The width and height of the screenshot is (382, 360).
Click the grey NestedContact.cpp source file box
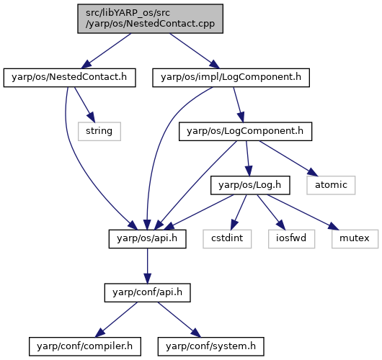tap(150, 19)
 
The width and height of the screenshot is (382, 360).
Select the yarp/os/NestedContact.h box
tap(69, 78)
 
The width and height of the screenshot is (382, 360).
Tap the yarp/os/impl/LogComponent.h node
tap(231, 78)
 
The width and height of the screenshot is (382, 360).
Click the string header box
tap(99, 131)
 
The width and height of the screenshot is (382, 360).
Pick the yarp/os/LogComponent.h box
tap(245, 131)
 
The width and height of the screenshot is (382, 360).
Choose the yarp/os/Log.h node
tap(250, 185)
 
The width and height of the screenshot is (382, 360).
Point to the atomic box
tap(331, 185)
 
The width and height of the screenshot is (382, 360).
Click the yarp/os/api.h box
tap(147, 239)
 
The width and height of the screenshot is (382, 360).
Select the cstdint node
tap(227, 239)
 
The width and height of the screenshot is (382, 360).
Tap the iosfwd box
tap(291, 239)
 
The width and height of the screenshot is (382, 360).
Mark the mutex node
tap(355, 239)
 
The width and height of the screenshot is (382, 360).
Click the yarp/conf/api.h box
tap(147, 292)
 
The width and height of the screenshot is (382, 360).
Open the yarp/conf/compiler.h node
tap(85, 346)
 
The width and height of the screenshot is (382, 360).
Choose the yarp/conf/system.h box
tap(210, 346)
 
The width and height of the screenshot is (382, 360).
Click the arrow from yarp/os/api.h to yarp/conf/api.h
tap(147, 266)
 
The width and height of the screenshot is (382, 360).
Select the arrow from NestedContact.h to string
tap(84, 104)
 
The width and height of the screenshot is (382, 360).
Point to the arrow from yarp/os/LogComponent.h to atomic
tap(289, 158)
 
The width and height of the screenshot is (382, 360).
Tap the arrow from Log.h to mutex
tap(303, 212)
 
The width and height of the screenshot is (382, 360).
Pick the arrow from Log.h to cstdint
tap(239, 212)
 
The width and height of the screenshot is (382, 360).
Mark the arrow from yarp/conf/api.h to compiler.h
tap(116, 320)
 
